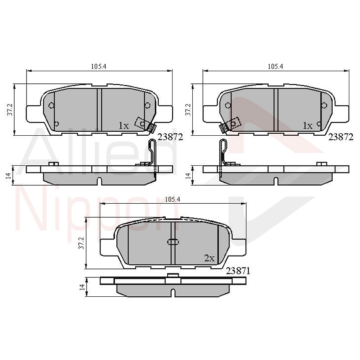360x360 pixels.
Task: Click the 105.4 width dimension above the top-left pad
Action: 99,66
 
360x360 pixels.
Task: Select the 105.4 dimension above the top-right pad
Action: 275,66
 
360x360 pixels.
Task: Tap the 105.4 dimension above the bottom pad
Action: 172,200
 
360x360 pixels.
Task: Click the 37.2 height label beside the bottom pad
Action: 81,243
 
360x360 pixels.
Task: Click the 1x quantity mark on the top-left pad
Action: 124,126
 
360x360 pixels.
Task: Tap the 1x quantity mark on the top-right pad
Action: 307,126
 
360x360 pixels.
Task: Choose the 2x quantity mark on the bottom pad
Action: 209,258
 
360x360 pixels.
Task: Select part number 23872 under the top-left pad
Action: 170,137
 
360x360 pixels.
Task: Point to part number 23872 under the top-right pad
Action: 341,137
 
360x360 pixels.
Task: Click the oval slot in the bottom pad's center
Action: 173,242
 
